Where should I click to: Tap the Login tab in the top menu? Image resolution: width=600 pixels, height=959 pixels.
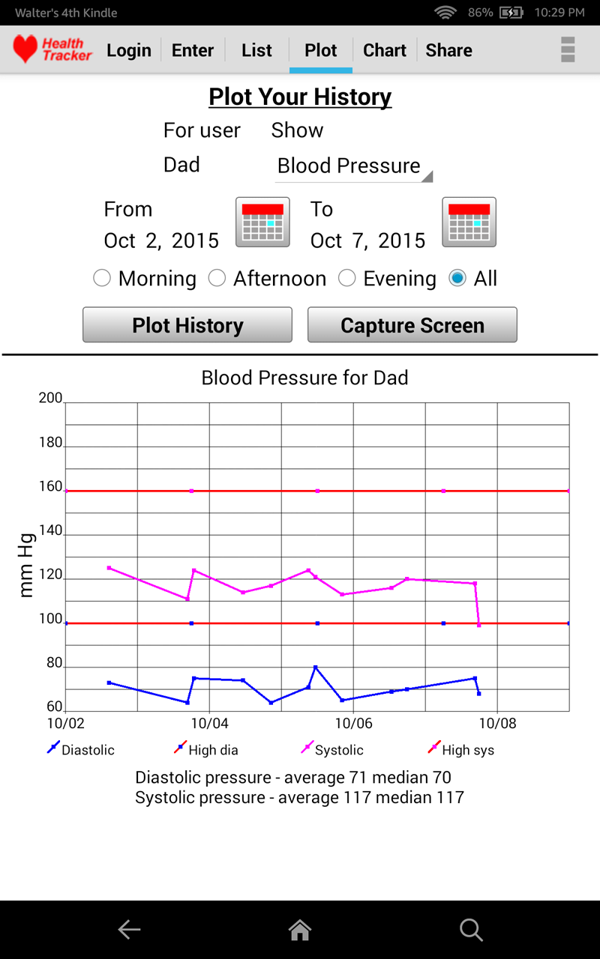(x=129, y=50)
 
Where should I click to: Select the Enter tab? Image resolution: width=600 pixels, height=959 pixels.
(x=193, y=50)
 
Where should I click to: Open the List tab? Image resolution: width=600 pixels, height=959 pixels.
(x=256, y=50)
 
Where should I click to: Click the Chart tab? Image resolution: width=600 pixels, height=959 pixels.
(x=385, y=50)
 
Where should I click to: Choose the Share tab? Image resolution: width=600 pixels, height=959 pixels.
(x=448, y=50)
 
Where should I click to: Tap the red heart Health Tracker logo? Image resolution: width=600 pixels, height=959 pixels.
(x=25, y=49)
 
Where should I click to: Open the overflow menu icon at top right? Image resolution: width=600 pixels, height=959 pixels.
(x=568, y=49)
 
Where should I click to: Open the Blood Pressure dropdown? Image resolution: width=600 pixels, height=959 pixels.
(x=353, y=166)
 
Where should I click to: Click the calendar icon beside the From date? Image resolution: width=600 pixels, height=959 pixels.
(x=262, y=222)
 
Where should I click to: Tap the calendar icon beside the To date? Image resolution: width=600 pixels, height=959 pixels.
(x=469, y=222)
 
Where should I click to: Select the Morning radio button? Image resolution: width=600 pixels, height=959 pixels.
(x=102, y=279)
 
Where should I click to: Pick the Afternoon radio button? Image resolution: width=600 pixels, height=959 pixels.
(x=217, y=279)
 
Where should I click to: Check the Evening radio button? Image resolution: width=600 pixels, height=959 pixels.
(x=346, y=279)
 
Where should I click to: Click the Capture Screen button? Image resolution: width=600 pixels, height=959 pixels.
(x=412, y=325)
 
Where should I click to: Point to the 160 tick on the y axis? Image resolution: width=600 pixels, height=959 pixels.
(x=51, y=487)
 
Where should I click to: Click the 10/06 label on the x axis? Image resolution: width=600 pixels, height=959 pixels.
(x=353, y=724)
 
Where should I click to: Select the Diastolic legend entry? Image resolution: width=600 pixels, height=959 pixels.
(x=80, y=750)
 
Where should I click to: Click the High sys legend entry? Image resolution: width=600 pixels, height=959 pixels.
(x=460, y=750)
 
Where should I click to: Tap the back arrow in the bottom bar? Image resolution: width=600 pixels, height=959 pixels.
(x=129, y=930)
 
